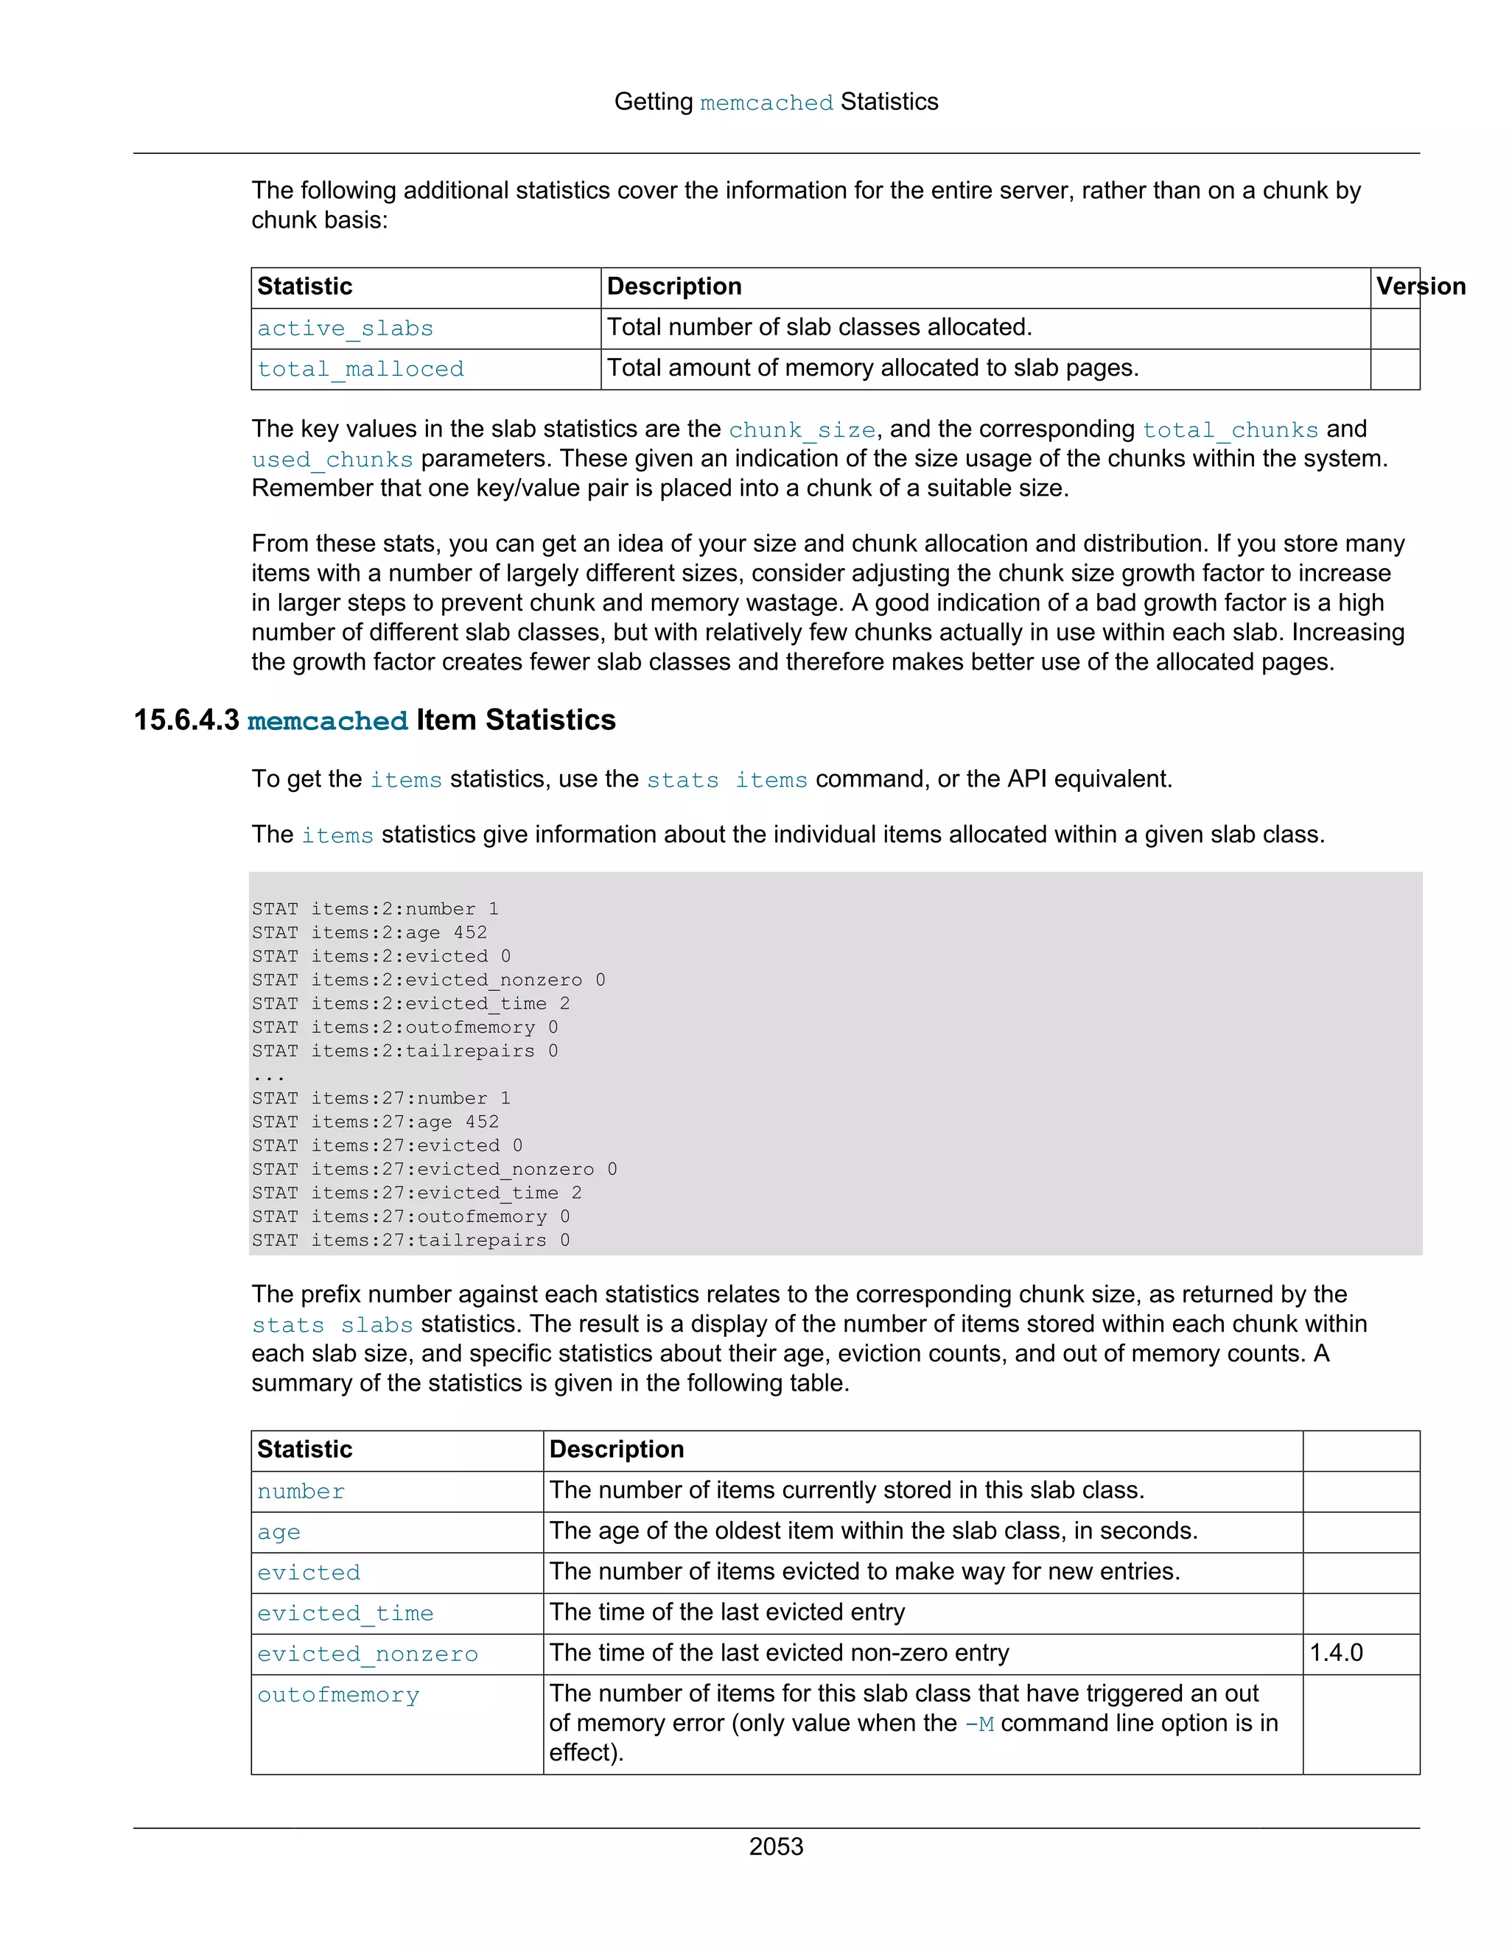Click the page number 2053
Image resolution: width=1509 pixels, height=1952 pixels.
775,1847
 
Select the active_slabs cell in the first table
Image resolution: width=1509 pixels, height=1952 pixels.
345,329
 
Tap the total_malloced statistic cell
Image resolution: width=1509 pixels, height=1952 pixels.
360,369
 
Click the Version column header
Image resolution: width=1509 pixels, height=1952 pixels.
1420,287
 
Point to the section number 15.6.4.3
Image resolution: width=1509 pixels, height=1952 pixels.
186,720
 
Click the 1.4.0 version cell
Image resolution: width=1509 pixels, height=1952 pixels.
1336,1653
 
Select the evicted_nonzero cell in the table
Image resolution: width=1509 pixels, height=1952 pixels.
368,1654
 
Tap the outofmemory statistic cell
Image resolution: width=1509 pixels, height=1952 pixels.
338,1696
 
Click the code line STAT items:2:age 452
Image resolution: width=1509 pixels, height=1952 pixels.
369,933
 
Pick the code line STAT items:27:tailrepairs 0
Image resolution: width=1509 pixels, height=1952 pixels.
410,1240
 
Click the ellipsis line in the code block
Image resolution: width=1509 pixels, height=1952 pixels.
267,1075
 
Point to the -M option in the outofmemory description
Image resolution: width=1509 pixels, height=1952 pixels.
979,1724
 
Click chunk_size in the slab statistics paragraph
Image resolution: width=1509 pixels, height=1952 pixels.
802,430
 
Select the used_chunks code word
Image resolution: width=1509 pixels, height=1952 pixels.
332,460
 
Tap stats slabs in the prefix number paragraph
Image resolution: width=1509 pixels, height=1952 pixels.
332,1325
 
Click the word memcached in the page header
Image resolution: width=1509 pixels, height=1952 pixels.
766,104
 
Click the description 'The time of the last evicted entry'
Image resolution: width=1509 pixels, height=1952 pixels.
727,1612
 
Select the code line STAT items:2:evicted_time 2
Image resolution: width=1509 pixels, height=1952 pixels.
410,1004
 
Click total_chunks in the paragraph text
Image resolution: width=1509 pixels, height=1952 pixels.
1230,430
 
